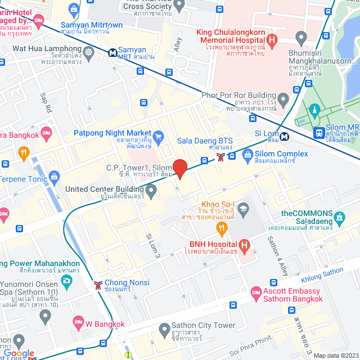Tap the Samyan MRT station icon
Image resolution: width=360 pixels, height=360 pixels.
113,53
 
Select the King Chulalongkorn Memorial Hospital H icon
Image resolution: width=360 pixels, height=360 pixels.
272,40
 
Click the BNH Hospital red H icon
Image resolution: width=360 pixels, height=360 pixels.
244,245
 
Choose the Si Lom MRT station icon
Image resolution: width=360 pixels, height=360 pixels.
285,136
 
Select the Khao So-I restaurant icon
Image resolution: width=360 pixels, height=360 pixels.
222,228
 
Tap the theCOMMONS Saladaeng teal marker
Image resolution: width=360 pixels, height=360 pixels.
339,217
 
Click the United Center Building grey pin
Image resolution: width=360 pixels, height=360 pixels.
151,192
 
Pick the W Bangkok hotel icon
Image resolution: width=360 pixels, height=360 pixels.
79,323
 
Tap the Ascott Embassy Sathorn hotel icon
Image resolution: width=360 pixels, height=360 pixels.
256,293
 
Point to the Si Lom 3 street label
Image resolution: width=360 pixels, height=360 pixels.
153,246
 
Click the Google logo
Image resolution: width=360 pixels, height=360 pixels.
19,353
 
